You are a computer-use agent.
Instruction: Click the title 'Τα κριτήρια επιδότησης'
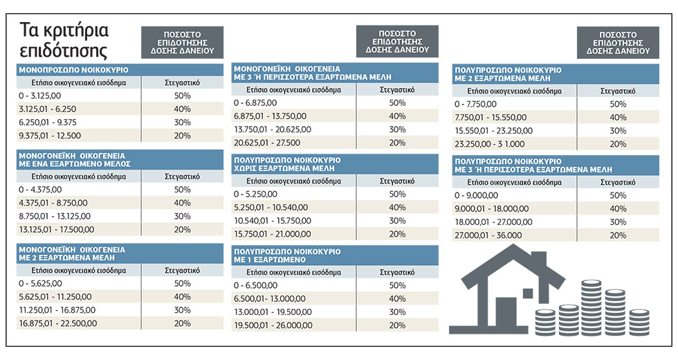[64, 41]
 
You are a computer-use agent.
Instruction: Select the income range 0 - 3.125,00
[40, 96]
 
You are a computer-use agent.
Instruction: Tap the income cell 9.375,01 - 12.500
[50, 136]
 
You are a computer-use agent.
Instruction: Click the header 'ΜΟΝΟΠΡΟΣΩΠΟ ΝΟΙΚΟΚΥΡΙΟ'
[73, 70]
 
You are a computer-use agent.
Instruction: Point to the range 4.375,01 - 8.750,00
[53, 203]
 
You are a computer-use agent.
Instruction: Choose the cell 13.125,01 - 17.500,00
[56, 229]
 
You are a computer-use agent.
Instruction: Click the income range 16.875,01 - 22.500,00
[58, 323]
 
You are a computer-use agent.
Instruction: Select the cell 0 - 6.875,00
[255, 103]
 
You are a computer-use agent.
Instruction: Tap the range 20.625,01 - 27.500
[267, 143]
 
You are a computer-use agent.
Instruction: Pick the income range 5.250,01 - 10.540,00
[271, 208]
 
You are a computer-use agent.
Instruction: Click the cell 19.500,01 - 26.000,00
[273, 325]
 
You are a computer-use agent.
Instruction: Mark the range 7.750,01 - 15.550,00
[491, 117]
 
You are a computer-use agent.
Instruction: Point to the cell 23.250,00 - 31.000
[490, 144]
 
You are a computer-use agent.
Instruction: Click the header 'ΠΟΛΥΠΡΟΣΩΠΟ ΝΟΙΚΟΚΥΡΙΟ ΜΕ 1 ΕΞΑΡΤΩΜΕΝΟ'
[288, 255]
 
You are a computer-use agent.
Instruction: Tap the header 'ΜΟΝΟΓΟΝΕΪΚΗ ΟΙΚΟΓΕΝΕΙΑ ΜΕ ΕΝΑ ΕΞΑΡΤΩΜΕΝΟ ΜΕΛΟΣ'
[75, 160]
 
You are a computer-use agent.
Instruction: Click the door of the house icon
[506, 312]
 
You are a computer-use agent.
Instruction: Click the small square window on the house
[527, 294]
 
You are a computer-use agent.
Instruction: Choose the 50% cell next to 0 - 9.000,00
[617, 195]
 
